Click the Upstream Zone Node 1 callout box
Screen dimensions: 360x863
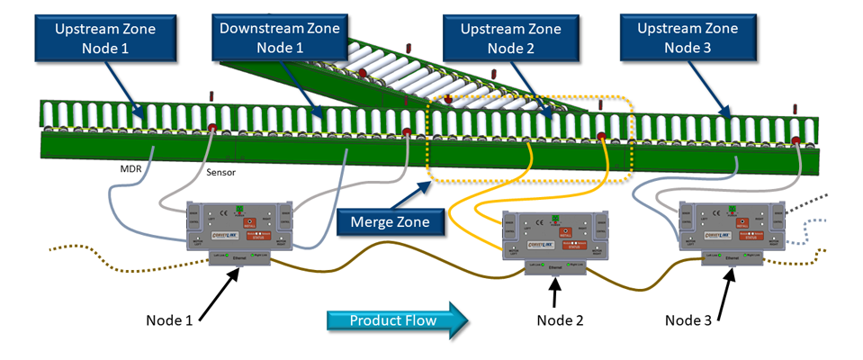coord(105,37)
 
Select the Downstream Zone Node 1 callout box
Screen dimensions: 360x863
coord(280,37)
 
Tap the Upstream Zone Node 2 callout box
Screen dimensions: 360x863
coord(511,37)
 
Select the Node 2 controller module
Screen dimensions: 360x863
coord(553,237)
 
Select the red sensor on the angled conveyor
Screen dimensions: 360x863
coord(364,72)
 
